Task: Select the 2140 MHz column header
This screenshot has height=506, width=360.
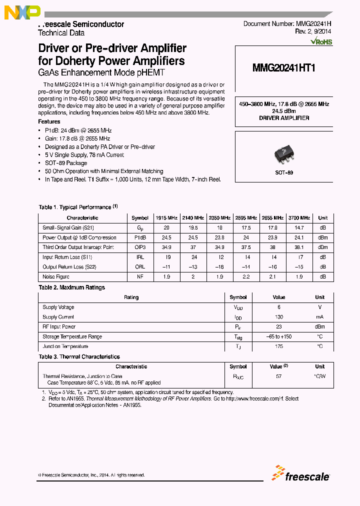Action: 193,218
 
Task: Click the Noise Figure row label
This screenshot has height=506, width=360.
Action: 56,276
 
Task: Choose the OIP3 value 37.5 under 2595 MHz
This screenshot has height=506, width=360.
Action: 246,247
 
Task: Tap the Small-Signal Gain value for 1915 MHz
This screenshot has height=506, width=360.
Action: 166,228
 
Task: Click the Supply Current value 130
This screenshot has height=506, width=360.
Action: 278,317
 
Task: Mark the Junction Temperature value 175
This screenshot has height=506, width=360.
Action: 278,346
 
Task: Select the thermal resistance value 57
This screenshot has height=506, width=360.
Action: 278,376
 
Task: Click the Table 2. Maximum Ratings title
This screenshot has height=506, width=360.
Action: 71,287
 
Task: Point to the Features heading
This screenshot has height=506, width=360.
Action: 49,121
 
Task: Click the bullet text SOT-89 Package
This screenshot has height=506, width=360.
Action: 66,163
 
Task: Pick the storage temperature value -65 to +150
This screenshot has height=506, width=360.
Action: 278,336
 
